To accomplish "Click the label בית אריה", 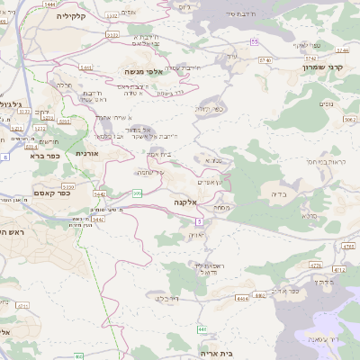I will (238, 353).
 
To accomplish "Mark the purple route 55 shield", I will (255, 42).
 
